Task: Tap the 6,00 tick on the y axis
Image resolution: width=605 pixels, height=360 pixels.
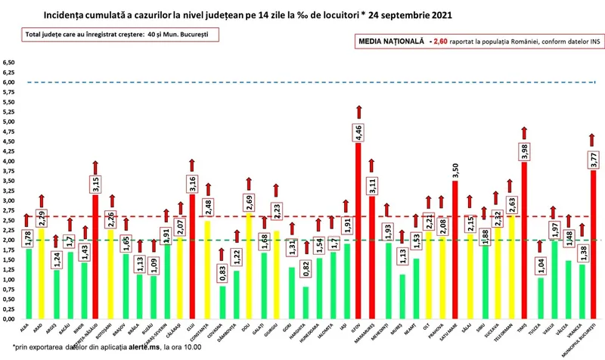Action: (9, 82)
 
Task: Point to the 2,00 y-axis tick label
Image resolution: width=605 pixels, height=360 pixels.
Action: (9, 240)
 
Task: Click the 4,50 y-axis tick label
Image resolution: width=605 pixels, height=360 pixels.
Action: (9, 141)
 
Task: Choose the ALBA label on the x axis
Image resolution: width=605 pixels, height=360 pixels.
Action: (26, 327)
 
